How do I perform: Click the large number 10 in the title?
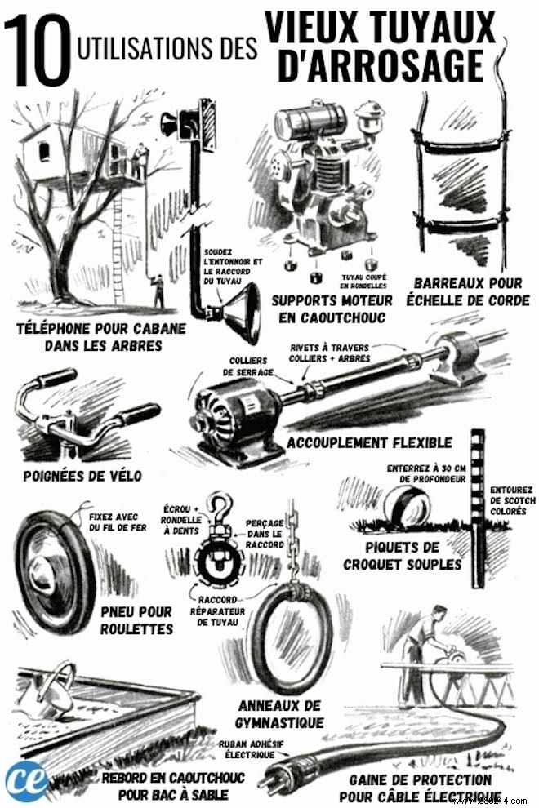pyautogui.click(x=38, y=50)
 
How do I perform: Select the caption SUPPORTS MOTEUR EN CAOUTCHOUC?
pyautogui.click(x=332, y=309)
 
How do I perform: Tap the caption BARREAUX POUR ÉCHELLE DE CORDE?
pyautogui.click(x=468, y=291)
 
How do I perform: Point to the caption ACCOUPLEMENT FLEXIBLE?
pyautogui.click(x=369, y=442)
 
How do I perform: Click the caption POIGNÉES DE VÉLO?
pyautogui.click(x=82, y=476)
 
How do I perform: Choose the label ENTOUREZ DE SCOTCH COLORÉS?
pyautogui.click(x=513, y=500)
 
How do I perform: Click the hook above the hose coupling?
pyautogui.click(x=220, y=508)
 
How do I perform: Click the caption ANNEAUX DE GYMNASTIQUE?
pyautogui.click(x=279, y=714)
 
